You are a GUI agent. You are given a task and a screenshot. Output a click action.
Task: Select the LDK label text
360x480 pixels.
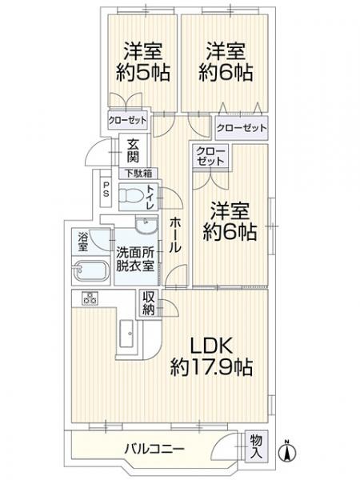tap(211, 346)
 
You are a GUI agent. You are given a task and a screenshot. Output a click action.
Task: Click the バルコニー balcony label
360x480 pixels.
tap(155, 448)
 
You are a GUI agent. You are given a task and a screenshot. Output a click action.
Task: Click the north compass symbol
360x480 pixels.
tap(287, 450)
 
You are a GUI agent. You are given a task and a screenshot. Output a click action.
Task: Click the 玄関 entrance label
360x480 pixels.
tap(130, 151)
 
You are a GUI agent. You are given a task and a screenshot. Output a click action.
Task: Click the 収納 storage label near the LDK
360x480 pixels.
tap(149, 303)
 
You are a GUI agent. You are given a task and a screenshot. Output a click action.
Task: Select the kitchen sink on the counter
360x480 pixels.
tap(128, 334)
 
